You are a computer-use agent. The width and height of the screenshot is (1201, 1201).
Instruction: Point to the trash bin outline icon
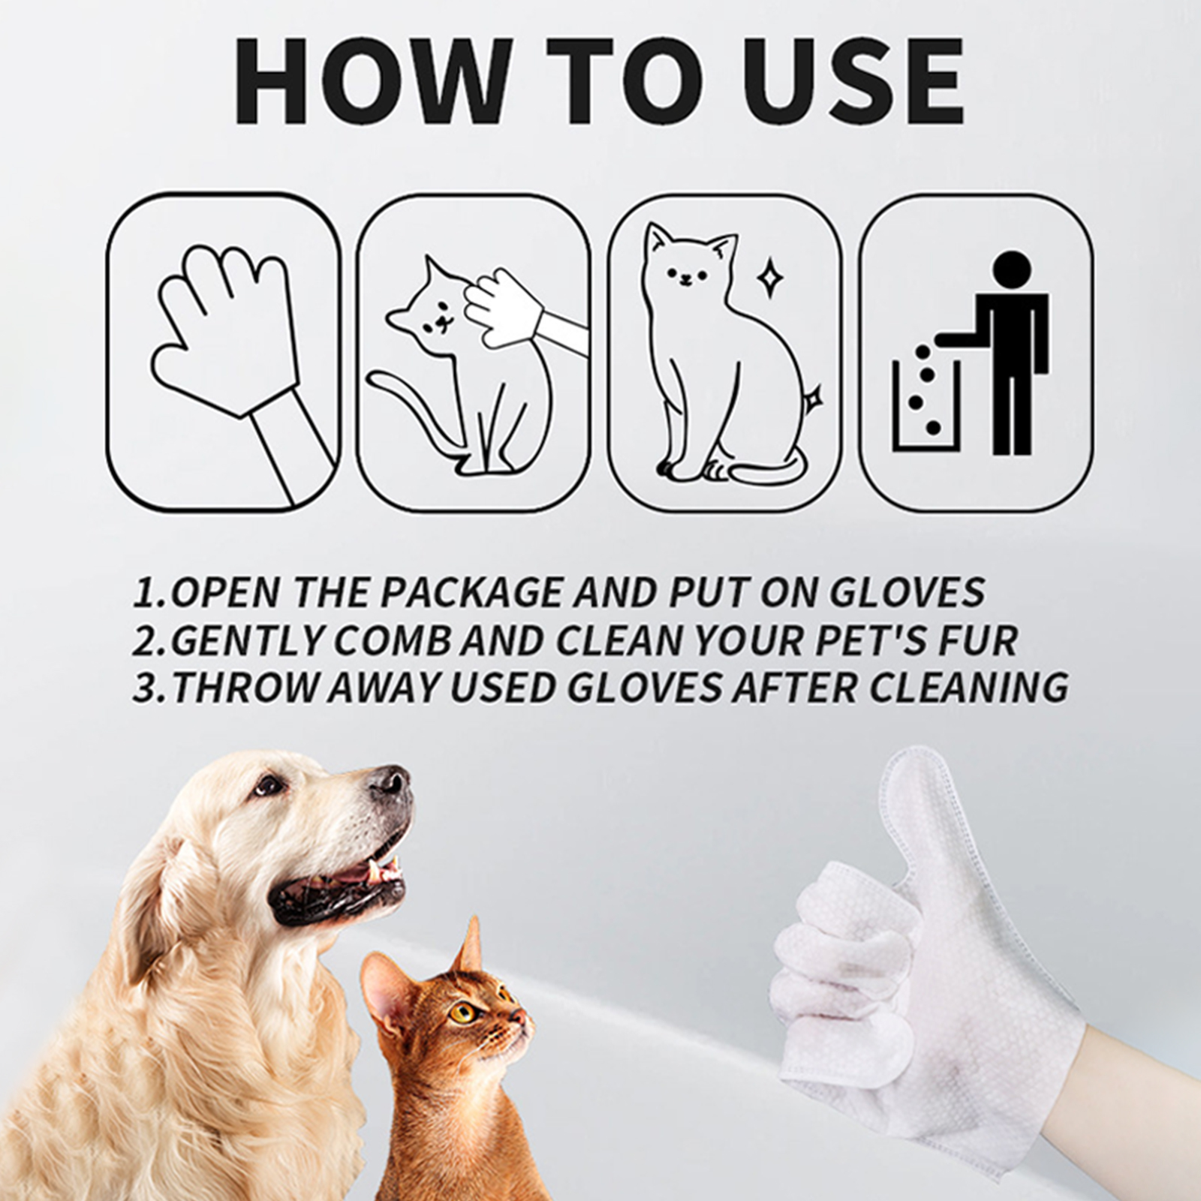click(x=924, y=405)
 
